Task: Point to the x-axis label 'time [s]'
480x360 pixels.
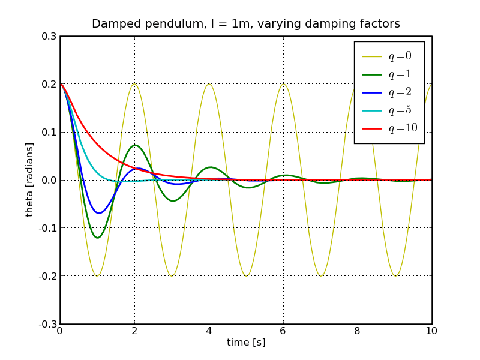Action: (x=246, y=343)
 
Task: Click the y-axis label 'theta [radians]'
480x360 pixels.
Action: (x=29, y=180)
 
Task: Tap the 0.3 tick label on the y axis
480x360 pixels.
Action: (x=49, y=36)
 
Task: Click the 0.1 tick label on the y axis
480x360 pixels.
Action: (x=49, y=132)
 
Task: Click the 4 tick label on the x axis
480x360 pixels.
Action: (x=209, y=331)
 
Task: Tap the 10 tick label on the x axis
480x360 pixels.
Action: (x=431, y=331)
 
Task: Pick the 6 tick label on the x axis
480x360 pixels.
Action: (x=283, y=331)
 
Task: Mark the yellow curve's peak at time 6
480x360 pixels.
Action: (x=283, y=84)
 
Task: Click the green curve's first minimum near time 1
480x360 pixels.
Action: (x=97, y=238)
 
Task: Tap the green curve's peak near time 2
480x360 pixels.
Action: (x=135, y=145)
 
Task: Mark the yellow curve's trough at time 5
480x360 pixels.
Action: (x=246, y=276)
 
